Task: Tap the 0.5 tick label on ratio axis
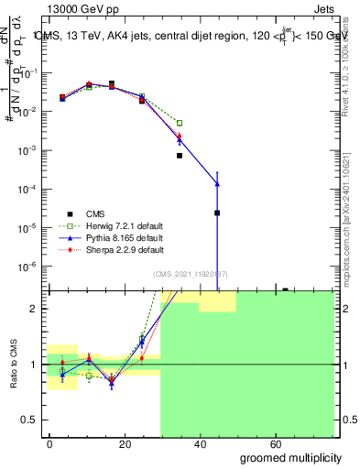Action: coord(32,420)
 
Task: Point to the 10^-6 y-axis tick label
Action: coord(29,267)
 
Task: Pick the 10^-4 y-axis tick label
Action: coord(29,189)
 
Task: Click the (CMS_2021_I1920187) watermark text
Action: coord(191,274)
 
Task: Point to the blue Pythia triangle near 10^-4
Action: coord(217,183)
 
